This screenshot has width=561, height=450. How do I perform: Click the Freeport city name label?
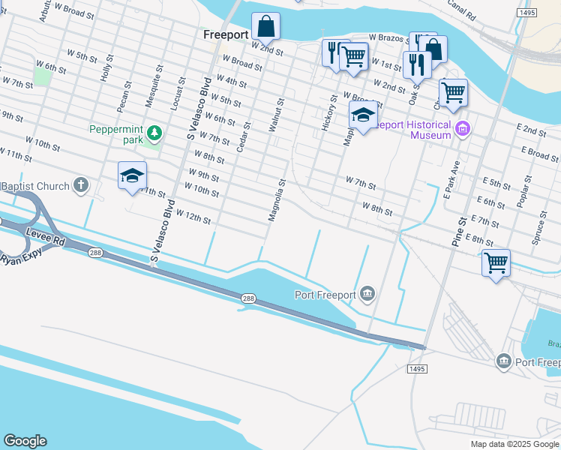click(226, 34)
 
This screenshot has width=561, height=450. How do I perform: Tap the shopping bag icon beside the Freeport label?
click(265, 26)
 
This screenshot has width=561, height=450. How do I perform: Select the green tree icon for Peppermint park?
click(154, 133)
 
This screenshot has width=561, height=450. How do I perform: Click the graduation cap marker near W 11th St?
click(132, 176)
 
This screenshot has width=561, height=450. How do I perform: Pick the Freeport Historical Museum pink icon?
click(463, 129)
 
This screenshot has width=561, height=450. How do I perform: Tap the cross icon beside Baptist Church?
click(80, 185)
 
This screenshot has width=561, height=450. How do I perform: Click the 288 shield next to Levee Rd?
click(94, 253)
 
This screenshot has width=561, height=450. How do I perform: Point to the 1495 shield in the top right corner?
click(526, 13)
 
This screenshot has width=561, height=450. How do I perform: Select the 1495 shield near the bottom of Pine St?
click(417, 369)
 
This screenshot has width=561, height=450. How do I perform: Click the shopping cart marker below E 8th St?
click(496, 263)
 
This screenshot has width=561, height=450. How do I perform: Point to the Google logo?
click(25, 441)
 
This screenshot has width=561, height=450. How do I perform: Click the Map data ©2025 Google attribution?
click(514, 444)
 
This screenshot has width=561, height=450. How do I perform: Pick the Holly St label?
click(108, 67)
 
